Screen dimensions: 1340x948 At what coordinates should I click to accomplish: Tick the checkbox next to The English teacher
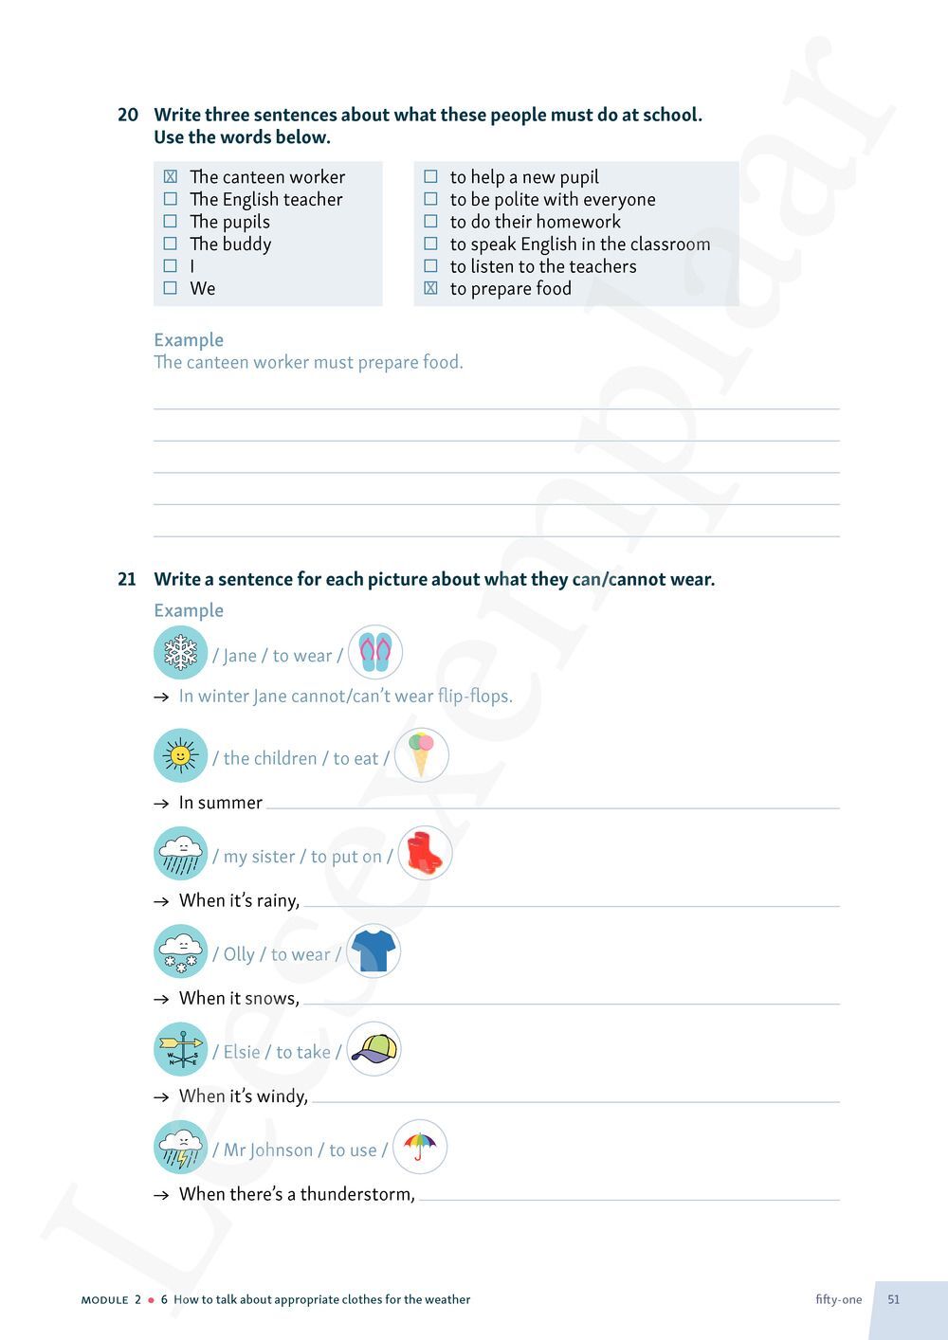171,199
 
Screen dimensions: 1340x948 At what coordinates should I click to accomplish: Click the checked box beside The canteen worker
171,176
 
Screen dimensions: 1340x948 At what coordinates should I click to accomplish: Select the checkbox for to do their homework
430,222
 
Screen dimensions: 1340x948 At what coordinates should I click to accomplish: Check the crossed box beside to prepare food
430,288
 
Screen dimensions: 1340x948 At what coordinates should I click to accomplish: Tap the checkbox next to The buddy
171,244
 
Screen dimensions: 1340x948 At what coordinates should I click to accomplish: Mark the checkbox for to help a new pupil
430,176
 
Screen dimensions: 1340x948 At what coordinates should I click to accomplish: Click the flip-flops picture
375,653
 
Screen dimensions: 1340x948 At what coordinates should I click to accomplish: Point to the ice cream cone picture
421,755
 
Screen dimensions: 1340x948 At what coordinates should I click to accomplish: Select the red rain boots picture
424,853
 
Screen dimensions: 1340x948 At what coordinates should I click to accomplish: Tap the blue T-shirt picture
374,951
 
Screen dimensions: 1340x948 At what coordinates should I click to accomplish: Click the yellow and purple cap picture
374,1049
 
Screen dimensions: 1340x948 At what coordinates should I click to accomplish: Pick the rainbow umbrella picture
419,1147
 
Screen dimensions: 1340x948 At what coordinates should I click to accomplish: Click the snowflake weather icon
180,653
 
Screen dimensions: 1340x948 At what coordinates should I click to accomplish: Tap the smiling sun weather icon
180,755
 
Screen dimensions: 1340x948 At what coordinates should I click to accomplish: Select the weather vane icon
180,1050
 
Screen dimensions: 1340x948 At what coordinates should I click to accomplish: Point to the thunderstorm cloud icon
180,1148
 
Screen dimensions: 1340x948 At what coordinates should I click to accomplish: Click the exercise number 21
127,579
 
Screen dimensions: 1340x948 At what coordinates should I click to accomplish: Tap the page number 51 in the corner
894,1299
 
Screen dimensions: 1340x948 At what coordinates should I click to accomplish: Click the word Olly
239,954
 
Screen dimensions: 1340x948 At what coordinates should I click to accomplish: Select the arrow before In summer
161,804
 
